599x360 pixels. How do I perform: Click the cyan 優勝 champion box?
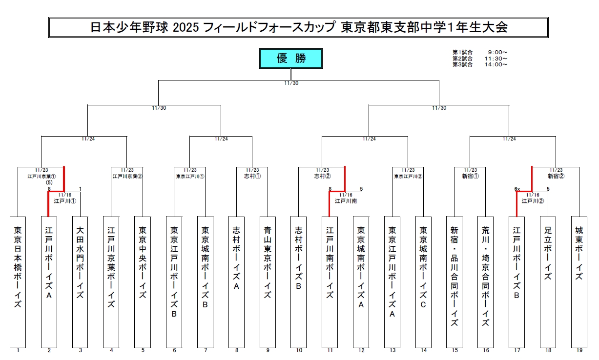point(291,59)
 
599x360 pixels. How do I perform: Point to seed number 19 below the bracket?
point(579,350)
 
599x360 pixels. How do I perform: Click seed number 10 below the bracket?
point(299,350)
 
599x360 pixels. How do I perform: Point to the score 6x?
point(517,189)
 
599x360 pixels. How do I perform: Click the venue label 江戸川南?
point(345,200)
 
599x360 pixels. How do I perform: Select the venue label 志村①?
point(252,176)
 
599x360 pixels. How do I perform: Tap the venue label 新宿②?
point(556,176)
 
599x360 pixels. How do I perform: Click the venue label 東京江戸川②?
point(408,176)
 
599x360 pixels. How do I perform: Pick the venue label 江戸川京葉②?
point(127,176)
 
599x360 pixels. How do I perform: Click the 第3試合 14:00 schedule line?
point(480,64)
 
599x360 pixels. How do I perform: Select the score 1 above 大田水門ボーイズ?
point(80,189)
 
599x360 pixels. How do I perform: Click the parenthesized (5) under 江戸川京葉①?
point(49,182)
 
